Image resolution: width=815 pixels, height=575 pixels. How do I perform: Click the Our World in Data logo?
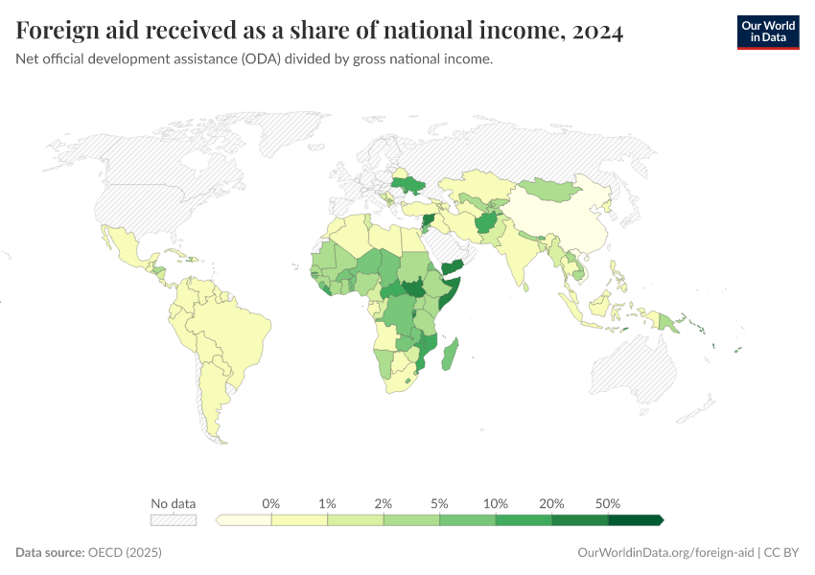point(767,32)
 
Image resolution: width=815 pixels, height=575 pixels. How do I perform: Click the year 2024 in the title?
point(596,32)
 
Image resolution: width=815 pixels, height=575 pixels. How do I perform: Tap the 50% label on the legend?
point(608,503)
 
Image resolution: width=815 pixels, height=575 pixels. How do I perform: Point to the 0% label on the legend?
point(271,503)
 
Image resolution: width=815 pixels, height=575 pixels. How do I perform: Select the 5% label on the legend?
point(440,503)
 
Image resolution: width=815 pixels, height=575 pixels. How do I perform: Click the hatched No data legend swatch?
point(174,519)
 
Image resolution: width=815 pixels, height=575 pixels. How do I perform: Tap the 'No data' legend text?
point(174,503)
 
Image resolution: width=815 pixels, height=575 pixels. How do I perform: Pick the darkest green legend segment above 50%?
point(635,519)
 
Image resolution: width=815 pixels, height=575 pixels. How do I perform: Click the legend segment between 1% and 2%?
point(356,519)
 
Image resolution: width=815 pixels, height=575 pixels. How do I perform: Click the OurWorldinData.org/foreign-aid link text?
point(666,553)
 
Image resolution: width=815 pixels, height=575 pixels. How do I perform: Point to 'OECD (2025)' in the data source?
point(125,553)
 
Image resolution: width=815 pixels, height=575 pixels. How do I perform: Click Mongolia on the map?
point(551,190)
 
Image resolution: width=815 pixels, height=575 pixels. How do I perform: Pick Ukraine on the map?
point(410,184)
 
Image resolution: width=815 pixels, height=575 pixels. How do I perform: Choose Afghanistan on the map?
point(486,223)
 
